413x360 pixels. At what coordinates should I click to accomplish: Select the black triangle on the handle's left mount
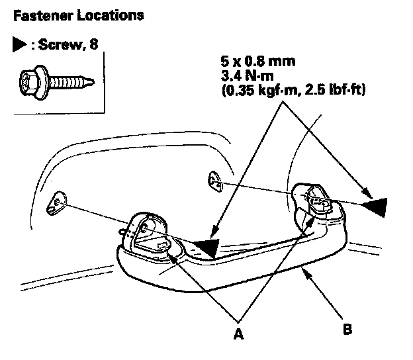click(205, 247)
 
